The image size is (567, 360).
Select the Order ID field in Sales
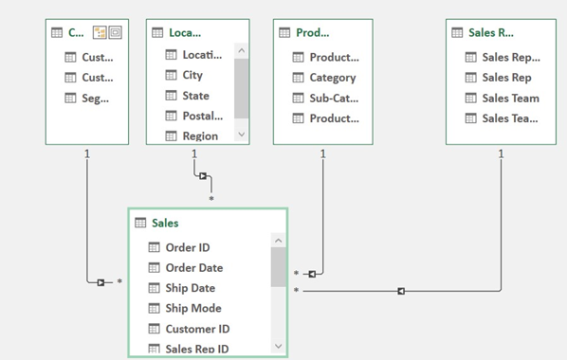coord(187,247)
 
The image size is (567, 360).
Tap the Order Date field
coord(193,268)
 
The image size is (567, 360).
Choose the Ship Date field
coord(190,288)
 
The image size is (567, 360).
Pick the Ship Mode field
coord(192,308)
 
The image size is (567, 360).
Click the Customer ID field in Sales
coord(196,329)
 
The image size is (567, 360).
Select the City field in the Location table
coord(192,75)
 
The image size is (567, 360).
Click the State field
coord(195,96)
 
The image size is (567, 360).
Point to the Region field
coord(200,135)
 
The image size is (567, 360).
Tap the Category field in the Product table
coord(332,78)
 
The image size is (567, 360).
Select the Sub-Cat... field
coord(334,99)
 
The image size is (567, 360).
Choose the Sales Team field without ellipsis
coord(509,99)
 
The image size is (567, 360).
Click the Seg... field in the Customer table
coord(95,99)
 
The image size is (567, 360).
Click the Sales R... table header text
coord(491,32)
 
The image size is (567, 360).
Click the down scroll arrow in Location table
coord(241,135)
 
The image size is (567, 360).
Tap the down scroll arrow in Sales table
coord(279,347)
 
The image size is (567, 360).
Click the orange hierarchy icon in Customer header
coord(99,32)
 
